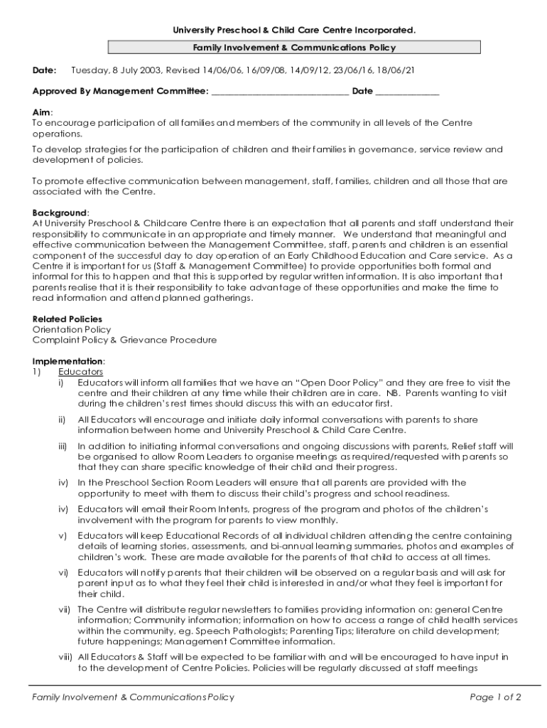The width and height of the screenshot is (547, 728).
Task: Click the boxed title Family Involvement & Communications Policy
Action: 294,48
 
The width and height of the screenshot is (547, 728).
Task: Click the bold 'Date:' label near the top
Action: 44,70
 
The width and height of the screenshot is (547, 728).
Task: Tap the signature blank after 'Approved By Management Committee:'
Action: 280,92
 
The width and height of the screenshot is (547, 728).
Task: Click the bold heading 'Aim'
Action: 41,112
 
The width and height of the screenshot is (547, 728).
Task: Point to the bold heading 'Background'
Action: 60,213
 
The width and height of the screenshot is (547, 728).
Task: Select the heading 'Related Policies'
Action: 67,319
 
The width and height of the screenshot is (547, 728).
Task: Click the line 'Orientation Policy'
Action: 72,330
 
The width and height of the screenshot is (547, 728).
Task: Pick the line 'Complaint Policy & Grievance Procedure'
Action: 124,340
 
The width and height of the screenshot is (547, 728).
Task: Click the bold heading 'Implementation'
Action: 68,361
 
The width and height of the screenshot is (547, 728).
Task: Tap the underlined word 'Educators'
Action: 80,372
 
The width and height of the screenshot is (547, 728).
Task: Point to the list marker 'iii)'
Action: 63,446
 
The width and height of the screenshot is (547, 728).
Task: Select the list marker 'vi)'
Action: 63,572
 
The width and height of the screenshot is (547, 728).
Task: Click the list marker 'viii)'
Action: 65,656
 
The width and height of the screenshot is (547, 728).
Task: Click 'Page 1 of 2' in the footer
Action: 495,697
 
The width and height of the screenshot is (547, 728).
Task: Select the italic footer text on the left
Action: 133,697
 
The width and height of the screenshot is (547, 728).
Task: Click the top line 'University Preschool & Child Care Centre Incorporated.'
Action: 294,30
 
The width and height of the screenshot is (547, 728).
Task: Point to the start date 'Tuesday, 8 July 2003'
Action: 117,70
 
